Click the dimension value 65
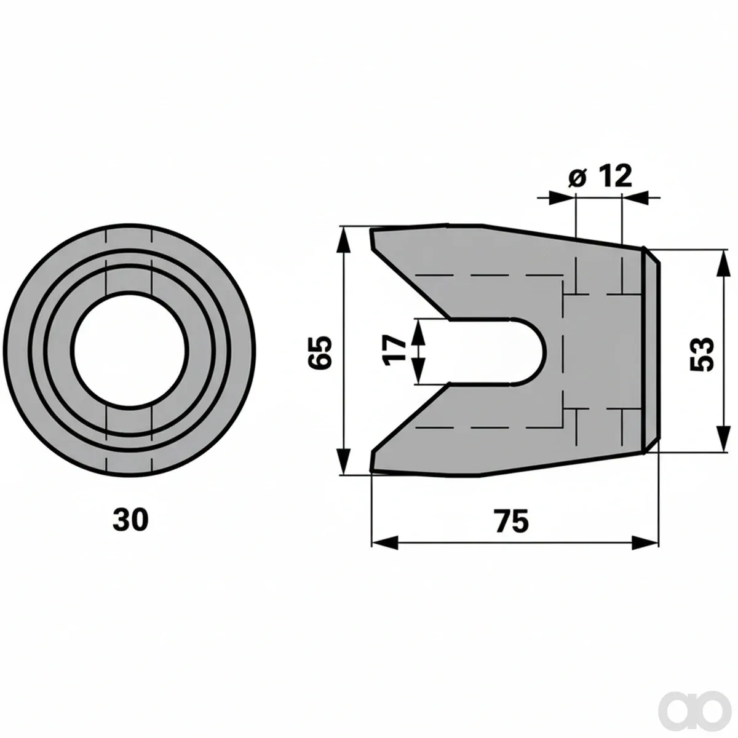[x=320, y=352]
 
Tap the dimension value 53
[x=702, y=354]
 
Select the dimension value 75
[x=512, y=520]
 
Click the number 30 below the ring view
[x=130, y=520]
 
